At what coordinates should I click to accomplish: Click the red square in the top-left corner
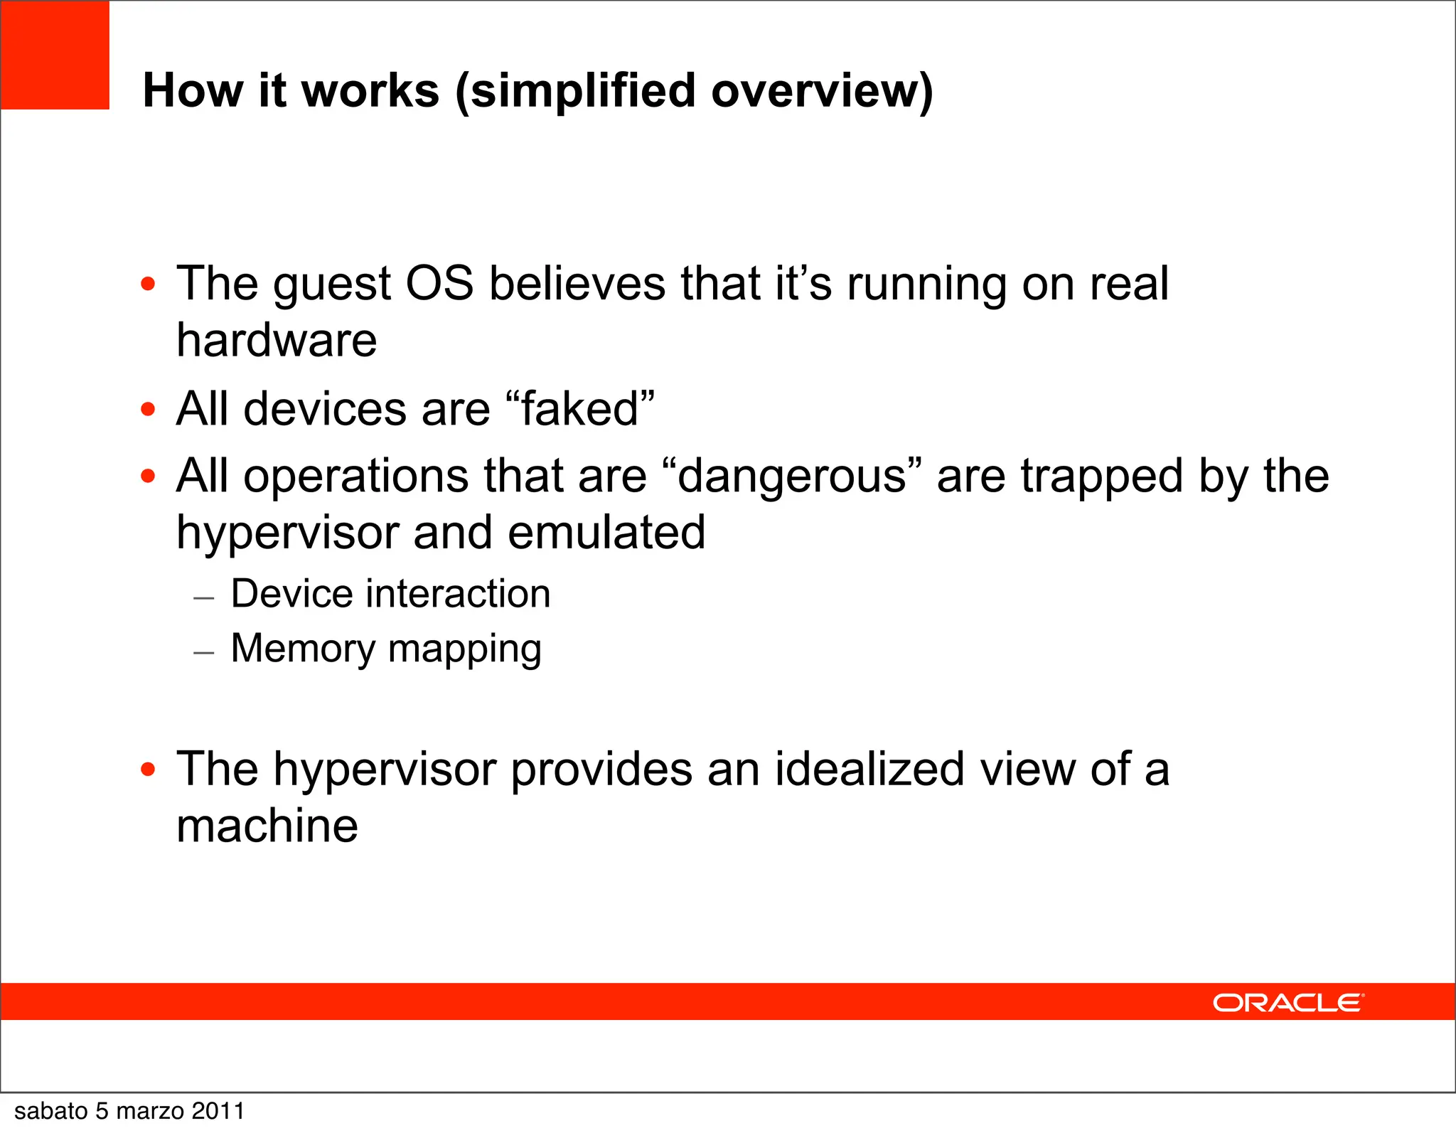pyautogui.click(x=55, y=55)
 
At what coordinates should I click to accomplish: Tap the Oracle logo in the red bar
pyautogui.click(x=1288, y=1003)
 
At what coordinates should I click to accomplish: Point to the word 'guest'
pyautogui.click(x=331, y=284)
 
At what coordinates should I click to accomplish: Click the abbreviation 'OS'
pyautogui.click(x=439, y=283)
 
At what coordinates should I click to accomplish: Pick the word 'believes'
pyautogui.click(x=577, y=283)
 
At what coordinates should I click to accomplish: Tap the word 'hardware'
pyautogui.click(x=277, y=340)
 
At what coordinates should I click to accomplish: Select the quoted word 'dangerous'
pyautogui.click(x=792, y=477)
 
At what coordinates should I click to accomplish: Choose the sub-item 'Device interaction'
pyautogui.click(x=390, y=594)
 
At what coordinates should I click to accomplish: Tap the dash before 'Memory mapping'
pyautogui.click(x=204, y=651)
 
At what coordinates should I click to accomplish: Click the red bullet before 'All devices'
pyautogui.click(x=148, y=410)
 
